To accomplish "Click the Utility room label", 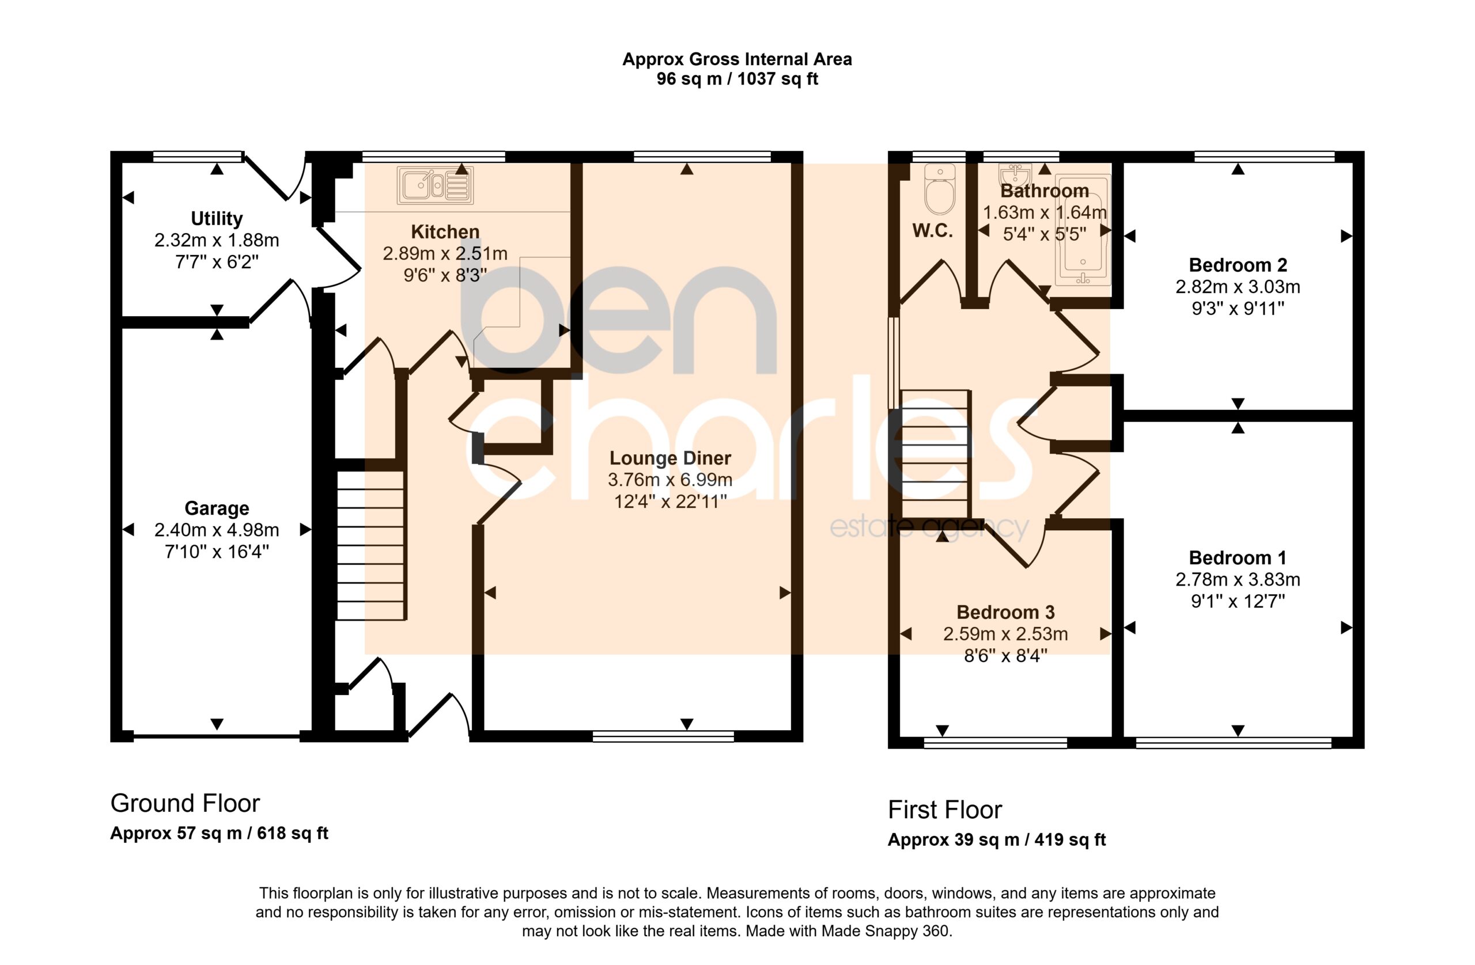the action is click(216, 219).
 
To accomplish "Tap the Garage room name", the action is click(217, 508).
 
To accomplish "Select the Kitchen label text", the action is click(445, 231).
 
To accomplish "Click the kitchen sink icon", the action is click(435, 185).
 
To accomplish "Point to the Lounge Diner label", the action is click(670, 458).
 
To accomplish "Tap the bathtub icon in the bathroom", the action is click(1083, 230).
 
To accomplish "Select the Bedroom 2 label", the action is click(1238, 265).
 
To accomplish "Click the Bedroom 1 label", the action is click(1238, 558).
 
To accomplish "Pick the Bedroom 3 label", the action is click(1005, 613).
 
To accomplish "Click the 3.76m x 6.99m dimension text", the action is click(670, 480).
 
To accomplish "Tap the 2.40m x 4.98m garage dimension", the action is click(217, 530).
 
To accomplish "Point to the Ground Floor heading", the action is click(185, 803).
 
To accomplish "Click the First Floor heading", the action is click(944, 810).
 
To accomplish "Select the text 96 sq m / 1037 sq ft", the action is click(737, 79).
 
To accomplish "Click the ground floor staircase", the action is click(370, 545).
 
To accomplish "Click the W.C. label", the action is click(932, 231).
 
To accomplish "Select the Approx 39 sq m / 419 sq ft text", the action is click(997, 840).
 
